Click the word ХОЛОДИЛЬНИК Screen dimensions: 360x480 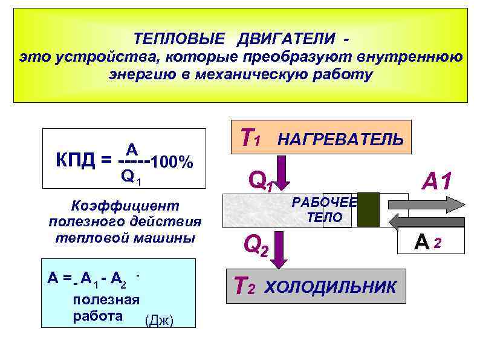pos(331,286)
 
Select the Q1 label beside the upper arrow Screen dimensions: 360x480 pos(261,180)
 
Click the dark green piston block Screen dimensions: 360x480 pos(368,209)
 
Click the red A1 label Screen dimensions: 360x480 pos(442,180)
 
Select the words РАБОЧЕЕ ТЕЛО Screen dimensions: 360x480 pos(325,210)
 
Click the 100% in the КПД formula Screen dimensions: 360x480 pos(172,162)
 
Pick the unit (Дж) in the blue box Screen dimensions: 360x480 pos(160,321)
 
